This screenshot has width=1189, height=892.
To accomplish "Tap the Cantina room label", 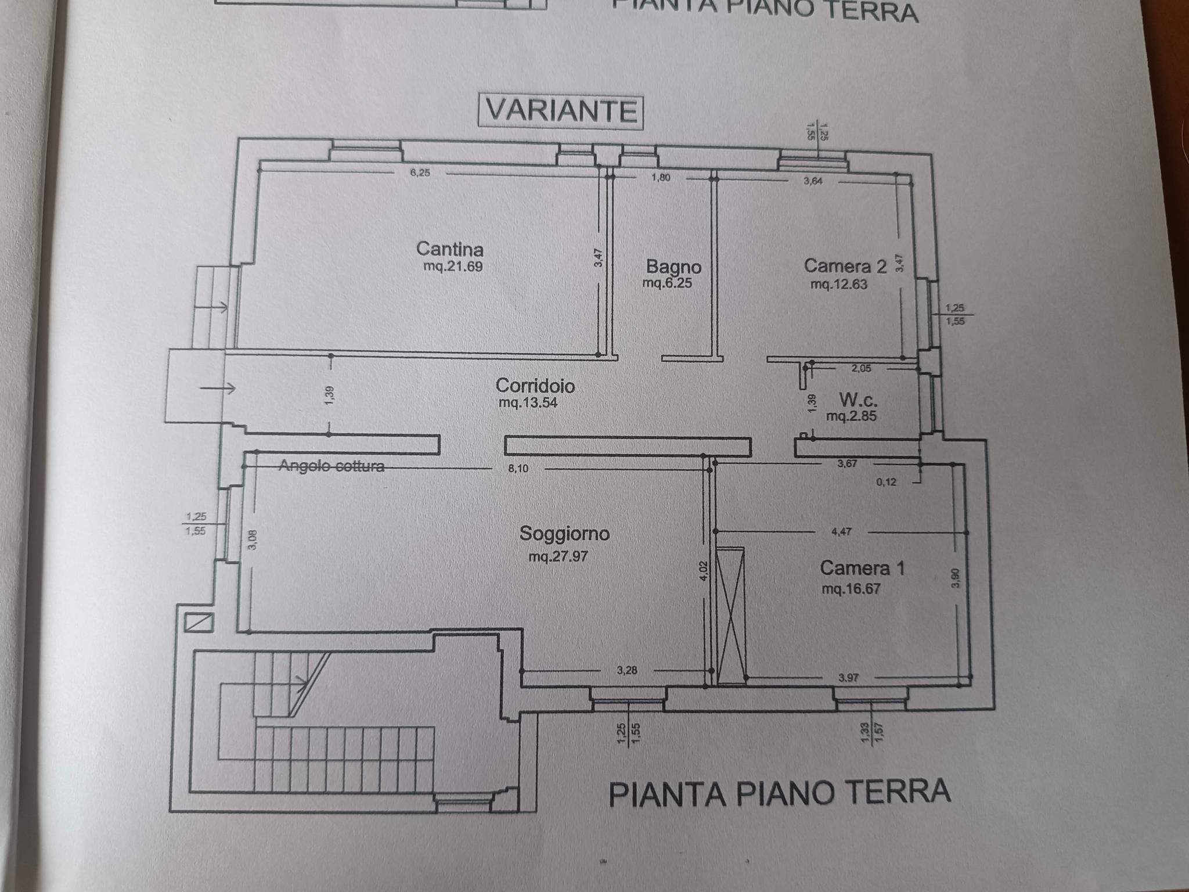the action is (x=450, y=249).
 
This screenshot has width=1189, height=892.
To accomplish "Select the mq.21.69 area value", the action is (x=453, y=267).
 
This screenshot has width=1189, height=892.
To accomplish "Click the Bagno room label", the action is (x=673, y=267).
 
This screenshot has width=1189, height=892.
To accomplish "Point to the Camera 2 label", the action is (x=845, y=266).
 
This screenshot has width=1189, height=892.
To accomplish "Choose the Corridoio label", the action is (x=535, y=386).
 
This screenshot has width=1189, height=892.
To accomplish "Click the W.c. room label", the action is (x=858, y=400).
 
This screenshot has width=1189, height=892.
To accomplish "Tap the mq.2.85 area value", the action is (x=851, y=416).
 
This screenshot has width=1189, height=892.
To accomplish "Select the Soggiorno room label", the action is (x=564, y=533).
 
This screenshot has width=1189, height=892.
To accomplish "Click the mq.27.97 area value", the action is (x=558, y=556).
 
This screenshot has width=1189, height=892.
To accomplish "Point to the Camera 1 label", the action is (x=862, y=567).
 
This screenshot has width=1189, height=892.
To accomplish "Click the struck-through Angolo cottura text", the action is (x=332, y=466).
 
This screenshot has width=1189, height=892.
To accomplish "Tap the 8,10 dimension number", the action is (x=518, y=469).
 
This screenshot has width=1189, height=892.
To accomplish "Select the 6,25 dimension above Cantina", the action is (x=420, y=172).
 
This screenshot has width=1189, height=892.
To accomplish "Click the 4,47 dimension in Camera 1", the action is (x=842, y=531).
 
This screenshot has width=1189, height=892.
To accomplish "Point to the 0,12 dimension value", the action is (x=885, y=481).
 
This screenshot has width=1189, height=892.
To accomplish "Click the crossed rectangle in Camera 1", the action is (x=731, y=616).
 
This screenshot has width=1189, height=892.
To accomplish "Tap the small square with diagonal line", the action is (x=199, y=623).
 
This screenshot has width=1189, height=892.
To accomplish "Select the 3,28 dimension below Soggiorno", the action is (x=627, y=670).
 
